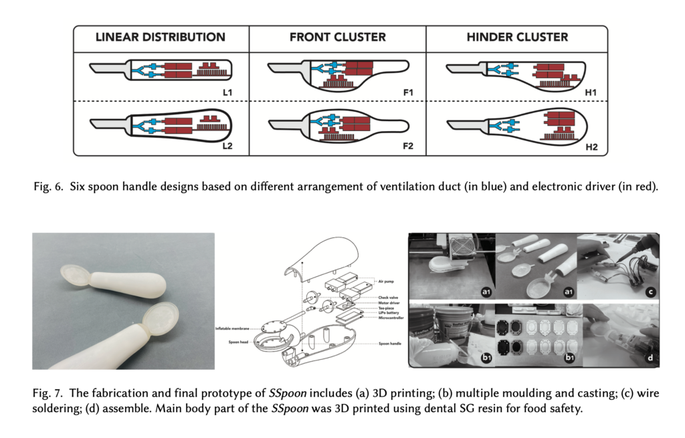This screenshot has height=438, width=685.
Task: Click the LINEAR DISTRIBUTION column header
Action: pos(161,37)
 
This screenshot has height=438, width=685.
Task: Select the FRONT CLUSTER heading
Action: pos(337,37)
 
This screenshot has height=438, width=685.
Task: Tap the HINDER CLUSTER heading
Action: pos(517,37)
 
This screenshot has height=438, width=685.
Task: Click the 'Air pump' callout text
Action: pos(386,283)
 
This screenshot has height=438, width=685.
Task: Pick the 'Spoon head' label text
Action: pos(241,342)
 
